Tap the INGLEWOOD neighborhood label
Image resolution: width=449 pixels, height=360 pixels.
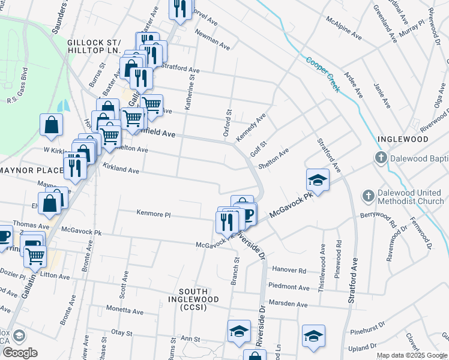403,139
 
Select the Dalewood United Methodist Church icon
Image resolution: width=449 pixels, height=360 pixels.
369,196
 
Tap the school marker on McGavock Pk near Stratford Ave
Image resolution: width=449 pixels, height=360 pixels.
318,180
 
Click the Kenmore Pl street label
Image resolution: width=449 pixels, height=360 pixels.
154,214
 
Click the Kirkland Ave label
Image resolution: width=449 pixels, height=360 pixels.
121,169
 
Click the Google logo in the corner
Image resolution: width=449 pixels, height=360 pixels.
20,353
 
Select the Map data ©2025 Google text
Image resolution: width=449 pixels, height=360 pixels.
411,355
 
